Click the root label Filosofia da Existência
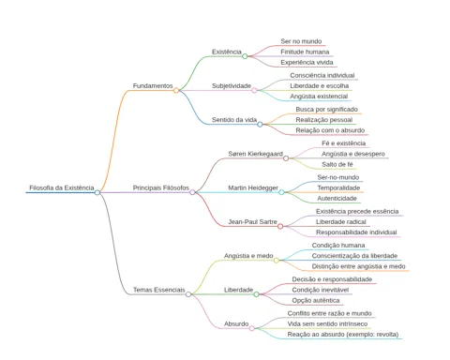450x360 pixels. coord(62,187)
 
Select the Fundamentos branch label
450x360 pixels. coord(153,85)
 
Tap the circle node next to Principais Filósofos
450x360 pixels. coord(192,192)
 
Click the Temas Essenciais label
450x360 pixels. coord(159,290)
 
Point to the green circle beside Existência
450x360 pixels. coord(245,56)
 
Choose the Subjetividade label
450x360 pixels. coord(232,85)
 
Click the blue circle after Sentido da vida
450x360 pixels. coord(260,125)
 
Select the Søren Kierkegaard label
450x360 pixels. coord(256,154)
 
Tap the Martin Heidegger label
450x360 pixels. coord(253,187)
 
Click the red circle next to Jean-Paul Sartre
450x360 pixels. coord(280,226)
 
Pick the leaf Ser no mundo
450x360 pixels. coord(301,41)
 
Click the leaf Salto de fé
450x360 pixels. coord(337,164)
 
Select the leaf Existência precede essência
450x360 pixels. coord(357,212)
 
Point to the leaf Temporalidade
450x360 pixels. coord(338,187)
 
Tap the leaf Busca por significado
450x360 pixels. coord(327,110)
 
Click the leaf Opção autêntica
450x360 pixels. coord(316,301)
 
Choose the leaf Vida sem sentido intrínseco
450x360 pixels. coord(327,324)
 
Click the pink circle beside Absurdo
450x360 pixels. coord(252,328)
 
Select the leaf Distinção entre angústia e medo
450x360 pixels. coord(359,266)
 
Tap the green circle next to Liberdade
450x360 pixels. coord(256,294)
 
